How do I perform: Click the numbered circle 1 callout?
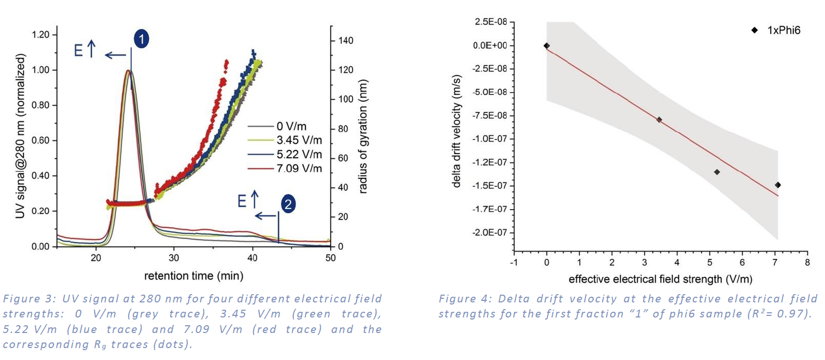coord(141,39)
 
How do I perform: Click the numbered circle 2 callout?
coord(288,204)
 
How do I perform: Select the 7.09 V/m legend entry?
coord(299,169)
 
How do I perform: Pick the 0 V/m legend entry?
coord(291,127)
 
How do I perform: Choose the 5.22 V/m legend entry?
coord(299,155)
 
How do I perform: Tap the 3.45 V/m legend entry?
coord(299,141)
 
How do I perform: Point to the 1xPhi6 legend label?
coord(784,31)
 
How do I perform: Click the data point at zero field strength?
coord(547,46)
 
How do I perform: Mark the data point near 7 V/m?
coord(778,185)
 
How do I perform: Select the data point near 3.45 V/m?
coord(659,120)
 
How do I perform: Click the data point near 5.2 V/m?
coord(717,172)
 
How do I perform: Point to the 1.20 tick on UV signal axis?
coord(40,35)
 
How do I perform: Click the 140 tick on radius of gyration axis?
coord(346,40)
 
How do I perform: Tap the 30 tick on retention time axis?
coord(174,258)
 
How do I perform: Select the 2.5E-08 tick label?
coord(491,22)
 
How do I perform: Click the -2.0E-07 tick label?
coord(490,232)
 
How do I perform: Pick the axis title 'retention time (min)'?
coord(193,276)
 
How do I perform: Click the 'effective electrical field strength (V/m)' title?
coord(660,280)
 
